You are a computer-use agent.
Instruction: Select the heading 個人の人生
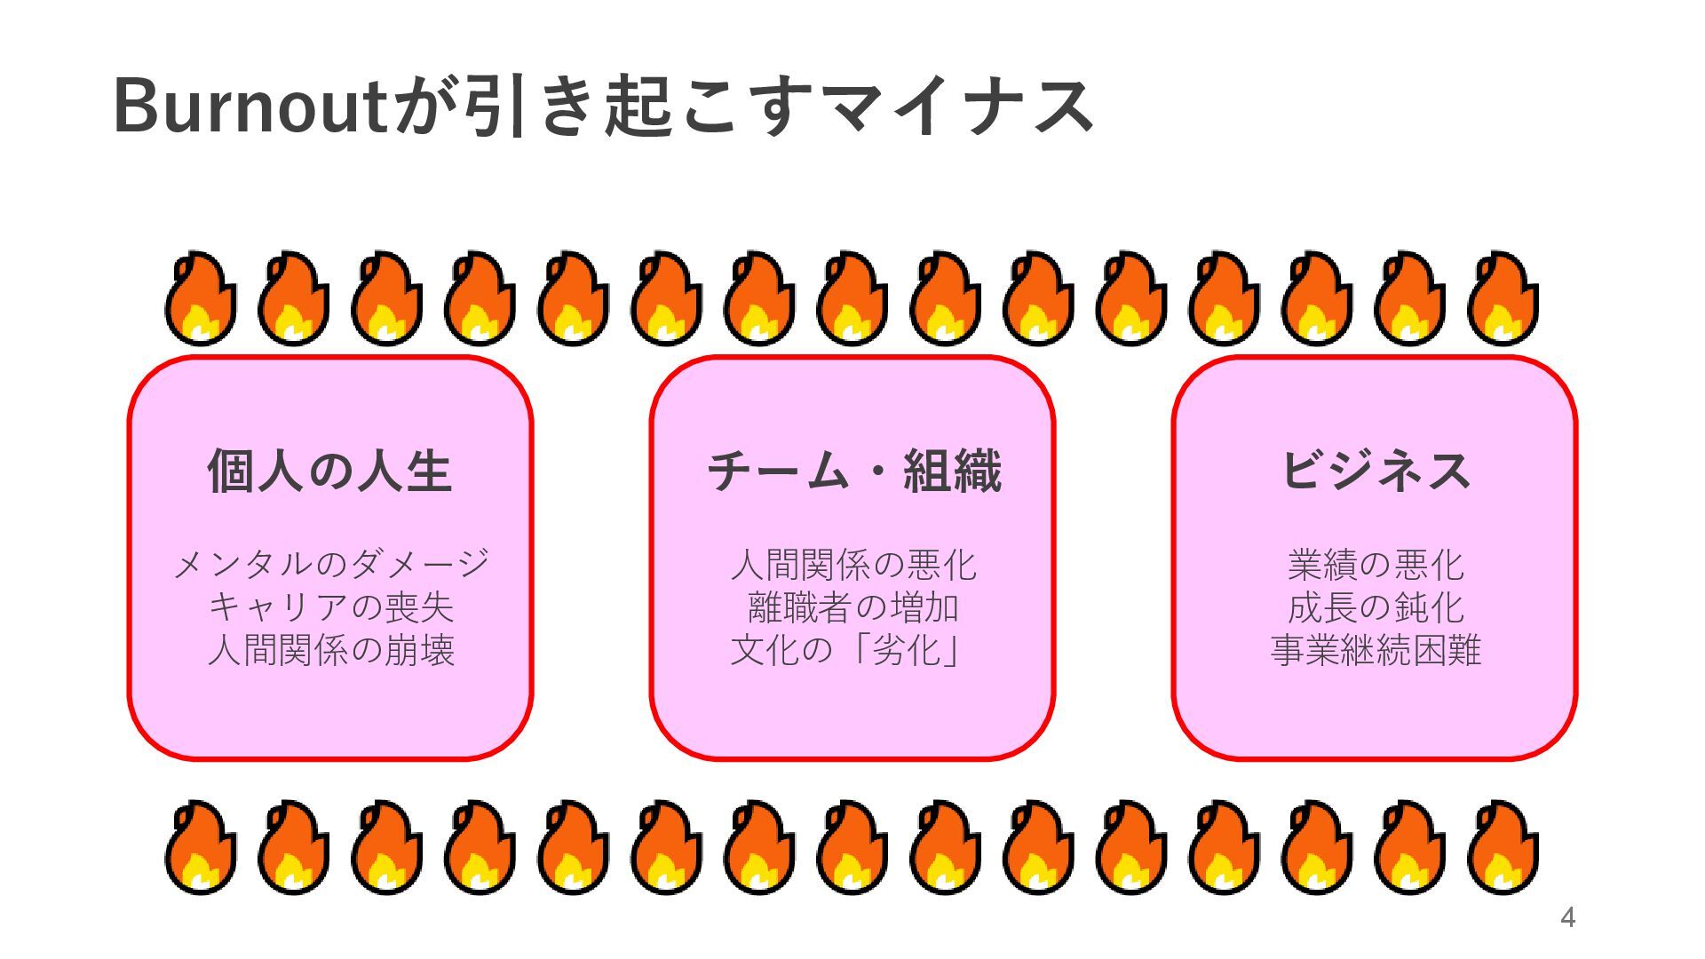click(330, 471)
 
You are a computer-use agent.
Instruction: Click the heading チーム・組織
click(853, 471)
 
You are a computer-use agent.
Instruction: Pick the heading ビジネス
click(1375, 471)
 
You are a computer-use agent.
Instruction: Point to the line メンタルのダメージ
click(330, 565)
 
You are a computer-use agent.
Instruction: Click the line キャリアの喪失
click(330, 607)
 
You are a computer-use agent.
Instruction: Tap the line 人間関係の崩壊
click(330, 650)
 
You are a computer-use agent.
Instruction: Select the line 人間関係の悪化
click(853, 565)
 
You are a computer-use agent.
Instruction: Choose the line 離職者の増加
click(853, 607)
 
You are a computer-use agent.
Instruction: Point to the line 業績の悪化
click(1375, 565)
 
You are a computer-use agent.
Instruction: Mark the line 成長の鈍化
click(1375, 607)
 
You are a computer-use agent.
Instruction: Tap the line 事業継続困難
click(1375, 650)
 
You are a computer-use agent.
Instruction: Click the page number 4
click(1567, 917)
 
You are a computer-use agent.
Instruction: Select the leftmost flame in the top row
click(201, 299)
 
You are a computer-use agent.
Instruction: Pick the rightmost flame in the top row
click(1503, 299)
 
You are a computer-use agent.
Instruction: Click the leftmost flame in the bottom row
click(201, 848)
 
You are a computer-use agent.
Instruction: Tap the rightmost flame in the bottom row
click(1503, 848)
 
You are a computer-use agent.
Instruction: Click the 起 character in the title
click(638, 107)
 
